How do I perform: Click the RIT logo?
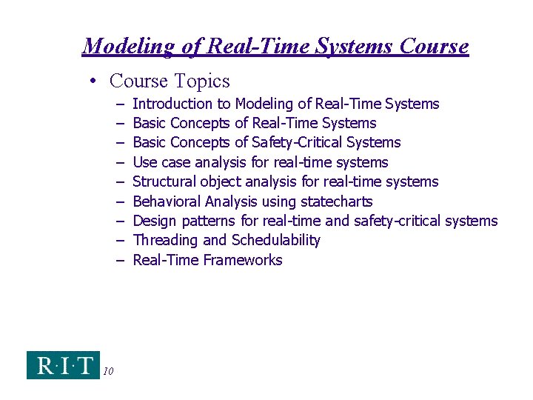tap(63, 364)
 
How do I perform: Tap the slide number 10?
tap(108, 372)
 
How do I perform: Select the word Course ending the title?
tap(434, 46)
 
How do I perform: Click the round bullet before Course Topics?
tap(97, 81)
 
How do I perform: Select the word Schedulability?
tap(275, 240)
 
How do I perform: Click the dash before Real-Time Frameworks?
tap(119, 260)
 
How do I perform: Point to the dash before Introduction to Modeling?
tap(119, 104)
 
